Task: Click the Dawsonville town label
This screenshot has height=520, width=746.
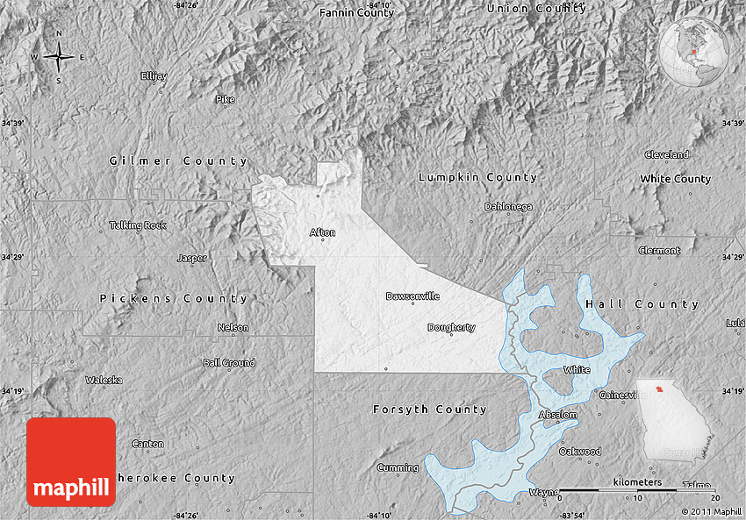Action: click(x=412, y=296)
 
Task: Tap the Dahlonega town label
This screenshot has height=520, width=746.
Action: click(x=508, y=207)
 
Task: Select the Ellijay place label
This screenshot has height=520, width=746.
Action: click(x=154, y=76)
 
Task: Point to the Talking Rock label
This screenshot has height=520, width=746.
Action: click(x=138, y=225)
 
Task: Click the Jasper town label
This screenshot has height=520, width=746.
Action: click(x=192, y=258)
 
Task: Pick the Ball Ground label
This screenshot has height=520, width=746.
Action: click(x=229, y=362)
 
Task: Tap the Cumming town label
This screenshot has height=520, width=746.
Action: click(x=398, y=467)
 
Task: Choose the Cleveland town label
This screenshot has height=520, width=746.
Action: click(x=666, y=154)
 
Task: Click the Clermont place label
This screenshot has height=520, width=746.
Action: click(x=659, y=251)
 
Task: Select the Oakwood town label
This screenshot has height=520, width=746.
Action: click(x=580, y=452)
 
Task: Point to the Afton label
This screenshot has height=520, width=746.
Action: click(x=322, y=232)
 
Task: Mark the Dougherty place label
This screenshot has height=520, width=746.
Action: click(x=451, y=327)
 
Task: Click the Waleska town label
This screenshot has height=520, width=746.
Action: click(x=104, y=380)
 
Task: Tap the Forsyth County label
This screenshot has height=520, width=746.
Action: click(x=429, y=410)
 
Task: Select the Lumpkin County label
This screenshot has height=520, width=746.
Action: click(x=477, y=177)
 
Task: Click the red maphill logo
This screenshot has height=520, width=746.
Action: click(x=71, y=461)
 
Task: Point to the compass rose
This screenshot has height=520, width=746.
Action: click(x=59, y=57)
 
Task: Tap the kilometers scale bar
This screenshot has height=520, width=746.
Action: click(x=637, y=489)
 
